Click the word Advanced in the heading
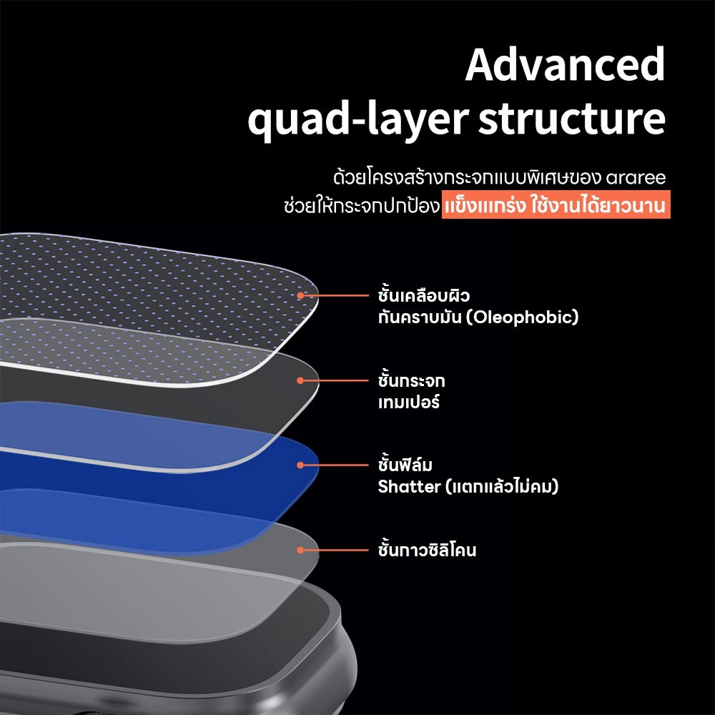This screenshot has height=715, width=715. tap(565, 65)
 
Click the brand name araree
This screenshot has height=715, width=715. tap(636, 177)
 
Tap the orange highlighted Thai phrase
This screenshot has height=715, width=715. tap(556, 204)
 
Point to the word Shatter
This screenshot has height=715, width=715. tap(409, 486)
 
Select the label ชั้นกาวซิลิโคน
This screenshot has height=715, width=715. tap(428, 549)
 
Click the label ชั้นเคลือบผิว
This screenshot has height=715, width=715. tap(423, 295)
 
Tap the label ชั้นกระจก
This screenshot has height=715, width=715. tap(411, 380)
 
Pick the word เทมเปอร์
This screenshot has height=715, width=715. tap(408, 402)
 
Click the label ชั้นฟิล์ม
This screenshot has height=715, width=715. tap(405, 464)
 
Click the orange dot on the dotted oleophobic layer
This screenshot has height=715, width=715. tap(300, 295)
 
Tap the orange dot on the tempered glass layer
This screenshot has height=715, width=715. tap(300, 380)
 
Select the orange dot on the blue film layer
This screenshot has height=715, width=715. tap(300, 465)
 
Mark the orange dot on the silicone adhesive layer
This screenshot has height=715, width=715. tap(300, 550)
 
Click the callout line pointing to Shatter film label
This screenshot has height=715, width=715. tap(336, 465)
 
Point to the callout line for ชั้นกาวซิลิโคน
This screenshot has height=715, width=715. tap(336, 550)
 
